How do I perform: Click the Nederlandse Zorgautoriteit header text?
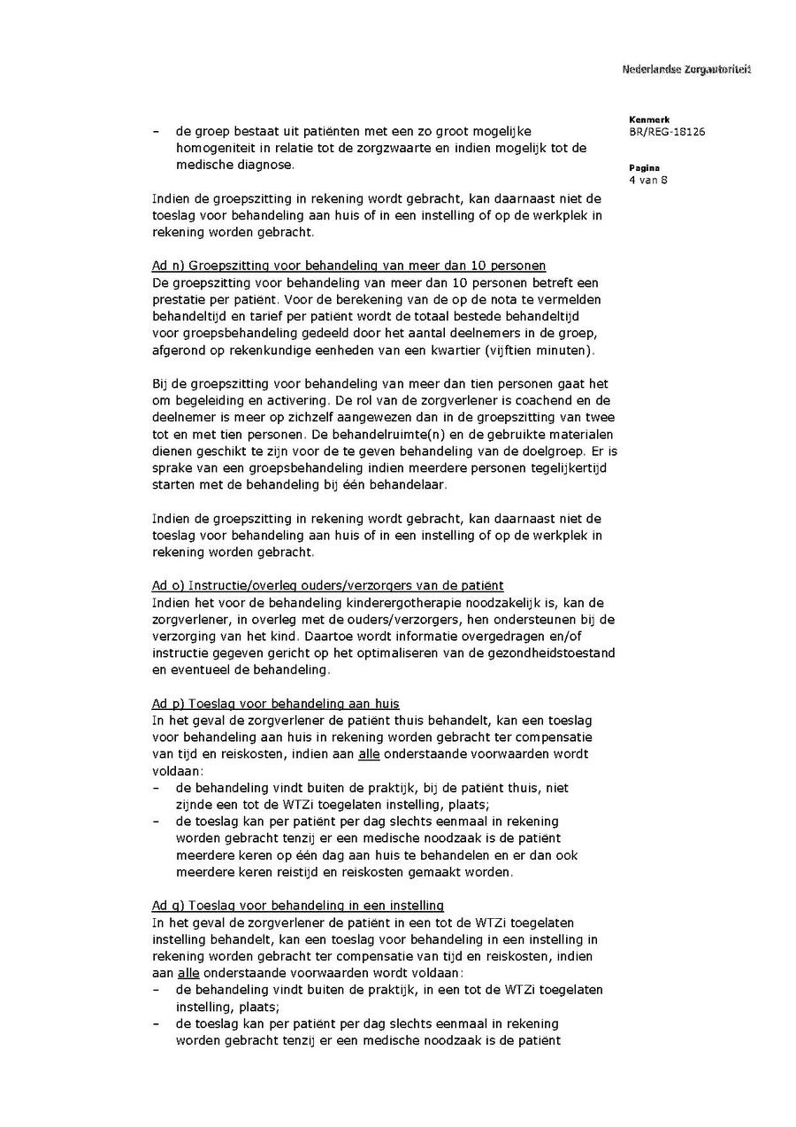coord(686,69)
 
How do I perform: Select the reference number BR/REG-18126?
coord(667,132)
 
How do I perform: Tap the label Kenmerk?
coord(649,120)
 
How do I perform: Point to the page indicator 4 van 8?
coord(648,181)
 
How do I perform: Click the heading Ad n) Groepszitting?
coord(348,266)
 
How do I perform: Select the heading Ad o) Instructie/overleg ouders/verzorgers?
coord(327,585)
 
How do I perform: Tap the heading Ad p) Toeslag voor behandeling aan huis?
coord(275,704)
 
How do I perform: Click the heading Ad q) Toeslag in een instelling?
coord(297,906)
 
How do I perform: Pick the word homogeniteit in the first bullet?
coord(219,148)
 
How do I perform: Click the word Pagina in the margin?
coord(644,168)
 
